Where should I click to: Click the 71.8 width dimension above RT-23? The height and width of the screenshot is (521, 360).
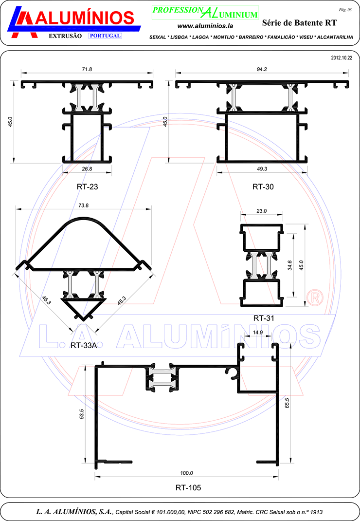87,69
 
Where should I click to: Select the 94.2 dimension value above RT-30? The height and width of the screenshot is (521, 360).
262,69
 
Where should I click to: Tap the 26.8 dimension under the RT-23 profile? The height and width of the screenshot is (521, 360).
87,169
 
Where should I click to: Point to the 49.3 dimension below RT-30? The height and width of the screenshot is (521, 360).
262,169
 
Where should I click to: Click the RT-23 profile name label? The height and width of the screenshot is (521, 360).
88,187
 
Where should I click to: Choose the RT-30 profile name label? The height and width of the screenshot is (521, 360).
263,187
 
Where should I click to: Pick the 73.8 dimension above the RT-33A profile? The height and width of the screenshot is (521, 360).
83,205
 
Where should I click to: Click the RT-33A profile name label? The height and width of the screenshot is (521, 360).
84,346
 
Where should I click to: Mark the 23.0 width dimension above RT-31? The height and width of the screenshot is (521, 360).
261,211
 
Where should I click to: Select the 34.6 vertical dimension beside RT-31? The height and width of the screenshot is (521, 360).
289,265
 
